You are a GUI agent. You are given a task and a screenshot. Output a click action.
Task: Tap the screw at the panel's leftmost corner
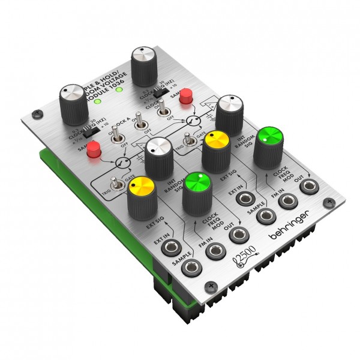click(x=38, y=113)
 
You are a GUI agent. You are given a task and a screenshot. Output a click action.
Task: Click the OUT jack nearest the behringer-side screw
click(x=310, y=187)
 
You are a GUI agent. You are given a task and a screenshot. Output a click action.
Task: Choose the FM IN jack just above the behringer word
click(x=289, y=203)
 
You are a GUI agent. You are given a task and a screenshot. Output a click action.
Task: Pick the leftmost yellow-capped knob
click(x=142, y=190)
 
